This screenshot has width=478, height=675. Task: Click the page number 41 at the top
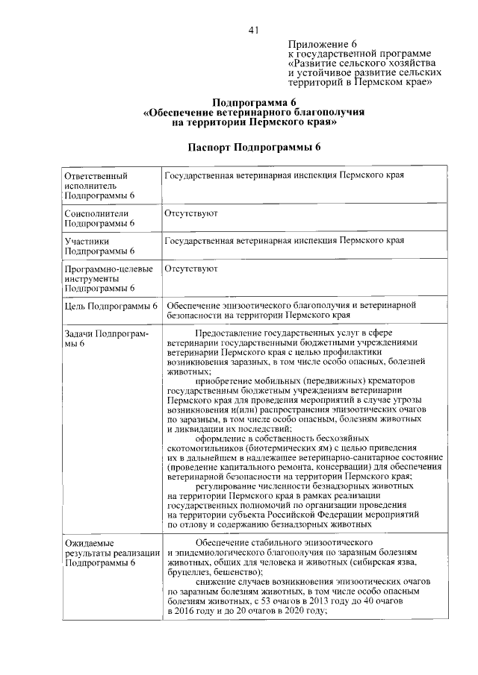(x=253, y=31)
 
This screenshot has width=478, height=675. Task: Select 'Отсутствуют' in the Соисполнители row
(x=191, y=213)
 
